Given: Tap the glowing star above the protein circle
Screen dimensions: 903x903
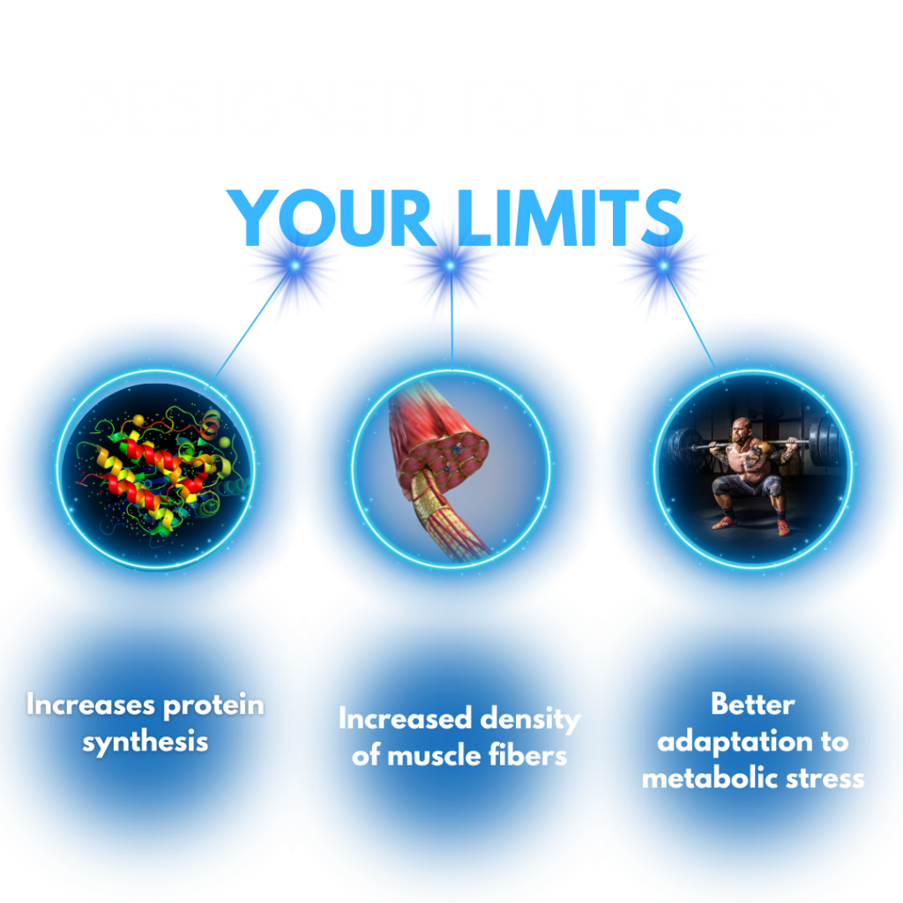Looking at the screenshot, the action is pyautogui.click(x=295, y=265).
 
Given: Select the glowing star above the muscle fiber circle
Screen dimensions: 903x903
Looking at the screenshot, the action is pyautogui.click(x=451, y=265).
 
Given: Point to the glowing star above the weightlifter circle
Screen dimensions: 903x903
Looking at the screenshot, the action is pyautogui.click(x=663, y=265).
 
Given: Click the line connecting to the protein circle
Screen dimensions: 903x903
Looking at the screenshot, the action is pyautogui.click(x=252, y=325).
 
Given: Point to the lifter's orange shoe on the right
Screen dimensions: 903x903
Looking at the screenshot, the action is pyautogui.click(x=783, y=527).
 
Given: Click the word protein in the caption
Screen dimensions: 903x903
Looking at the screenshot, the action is pyautogui.click(x=213, y=706).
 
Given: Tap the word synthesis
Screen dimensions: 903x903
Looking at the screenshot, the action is pyautogui.click(x=146, y=743).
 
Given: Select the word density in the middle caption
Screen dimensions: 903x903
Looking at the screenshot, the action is pyautogui.click(x=530, y=720).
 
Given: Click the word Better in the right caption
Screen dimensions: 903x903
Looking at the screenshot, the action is pyautogui.click(x=753, y=705).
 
